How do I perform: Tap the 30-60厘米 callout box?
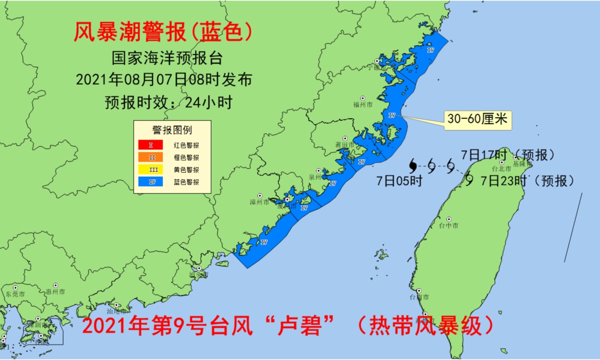pos(478,119)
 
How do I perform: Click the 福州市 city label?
pos(363,105)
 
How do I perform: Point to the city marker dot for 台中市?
pos(449,219)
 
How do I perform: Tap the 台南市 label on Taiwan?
pos(420,297)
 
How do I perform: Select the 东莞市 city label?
pos(15,294)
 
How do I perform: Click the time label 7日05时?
pos(399,181)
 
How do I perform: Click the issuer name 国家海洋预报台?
pos(167,58)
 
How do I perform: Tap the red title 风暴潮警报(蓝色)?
pos(163,33)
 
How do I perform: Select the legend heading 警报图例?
pos(172,130)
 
